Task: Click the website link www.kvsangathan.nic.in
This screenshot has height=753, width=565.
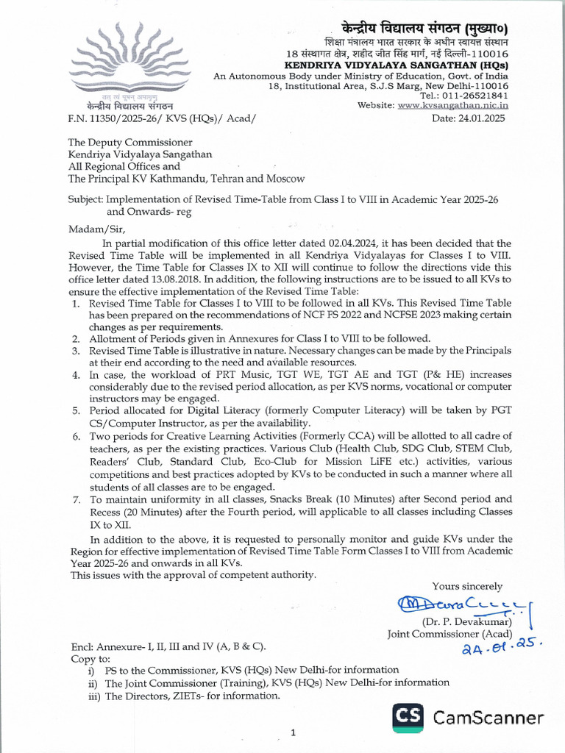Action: [x=454, y=105]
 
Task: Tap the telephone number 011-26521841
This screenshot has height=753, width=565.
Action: [x=476, y=96]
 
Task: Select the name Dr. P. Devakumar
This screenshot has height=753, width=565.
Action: [x=461, y=622]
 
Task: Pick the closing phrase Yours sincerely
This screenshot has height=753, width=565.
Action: [x=467, y=586]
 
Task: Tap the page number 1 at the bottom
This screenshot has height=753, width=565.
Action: [x=293, y=732]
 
